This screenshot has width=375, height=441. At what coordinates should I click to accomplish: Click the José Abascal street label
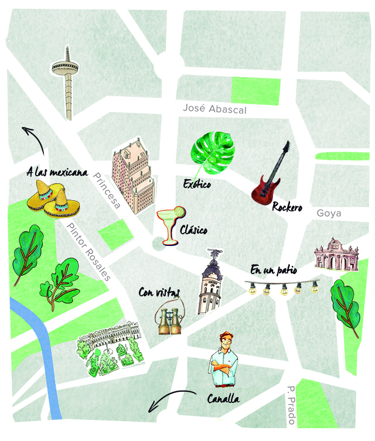(214, 109)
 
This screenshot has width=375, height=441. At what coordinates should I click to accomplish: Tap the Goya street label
(328, 213)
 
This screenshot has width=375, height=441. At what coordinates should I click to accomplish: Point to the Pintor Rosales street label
(88, 252)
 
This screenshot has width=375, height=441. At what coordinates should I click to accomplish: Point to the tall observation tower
(66, 82)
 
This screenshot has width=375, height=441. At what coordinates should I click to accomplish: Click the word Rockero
(287, 206)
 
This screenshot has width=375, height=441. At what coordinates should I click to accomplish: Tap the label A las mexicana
(57, 173)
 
